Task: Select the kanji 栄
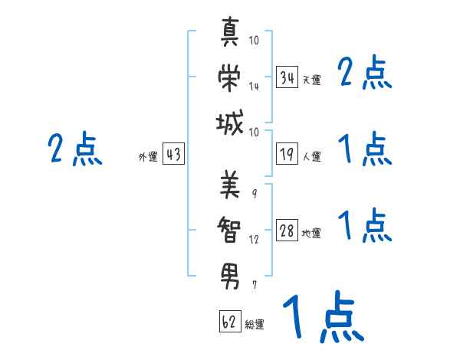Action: pyautogui.click(x=230, y=78)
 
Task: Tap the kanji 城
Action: pyautogui.click(x=230, y=123)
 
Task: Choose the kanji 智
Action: pyautogui.click(x=230, y=228)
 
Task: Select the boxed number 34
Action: pyautogui.click(x=287, y=77)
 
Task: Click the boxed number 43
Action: pyautogui.click(x=173, y=155)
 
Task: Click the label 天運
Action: pyautogui.click(x=311, y=80)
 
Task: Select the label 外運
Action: pyautogui.click(x=148, y=157)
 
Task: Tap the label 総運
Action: pyautogui.click(x=255, y=324)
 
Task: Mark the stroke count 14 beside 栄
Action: pyautogui.click(x=254, y=87)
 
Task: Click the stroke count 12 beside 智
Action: pyautogui.click(x=254, y=239)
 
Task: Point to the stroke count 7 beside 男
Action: pyautogui.click(x=254, y=285)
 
